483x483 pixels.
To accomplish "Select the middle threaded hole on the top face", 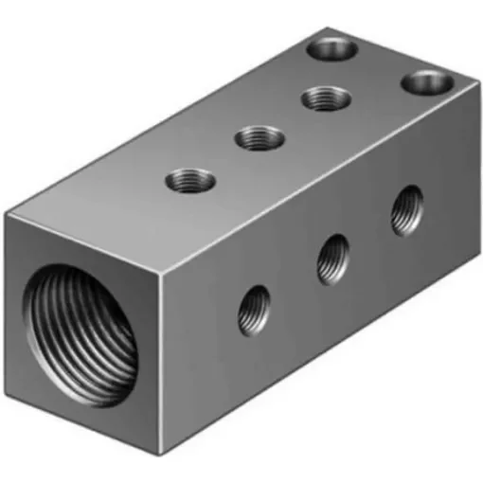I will (x=259, y=138).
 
